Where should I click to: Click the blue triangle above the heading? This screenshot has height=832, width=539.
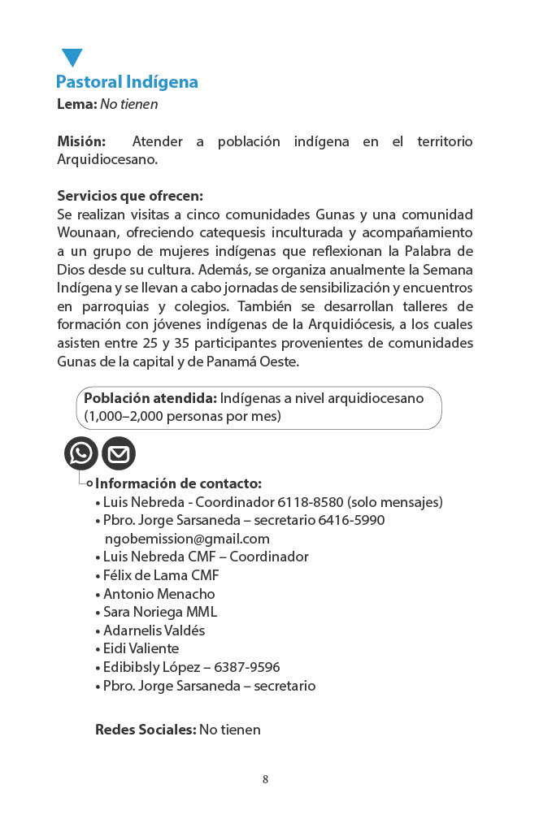tap(72, 58)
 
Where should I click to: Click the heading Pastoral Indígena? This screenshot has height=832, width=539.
tap(127, 82)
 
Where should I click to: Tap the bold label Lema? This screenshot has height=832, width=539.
tap(76, 104)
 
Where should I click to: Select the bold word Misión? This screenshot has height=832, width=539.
tap(81, 141)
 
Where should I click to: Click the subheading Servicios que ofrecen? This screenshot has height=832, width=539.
tap(130, 196)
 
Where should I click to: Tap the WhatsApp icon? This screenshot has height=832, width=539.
tap(81, 453)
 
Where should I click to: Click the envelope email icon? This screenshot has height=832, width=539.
tap(119, 453)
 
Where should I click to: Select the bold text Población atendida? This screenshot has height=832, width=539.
tap(150, 399)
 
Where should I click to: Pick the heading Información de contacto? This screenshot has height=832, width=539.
tap(179, 483)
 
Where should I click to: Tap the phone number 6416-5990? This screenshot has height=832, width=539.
tap(351, 520)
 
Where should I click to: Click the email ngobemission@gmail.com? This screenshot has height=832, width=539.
tap(187, 539)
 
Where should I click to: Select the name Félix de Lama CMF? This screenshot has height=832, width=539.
tap(161, 575)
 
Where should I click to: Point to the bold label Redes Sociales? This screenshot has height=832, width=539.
tap(146, 730)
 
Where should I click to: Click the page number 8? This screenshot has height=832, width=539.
tap(265, 780)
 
